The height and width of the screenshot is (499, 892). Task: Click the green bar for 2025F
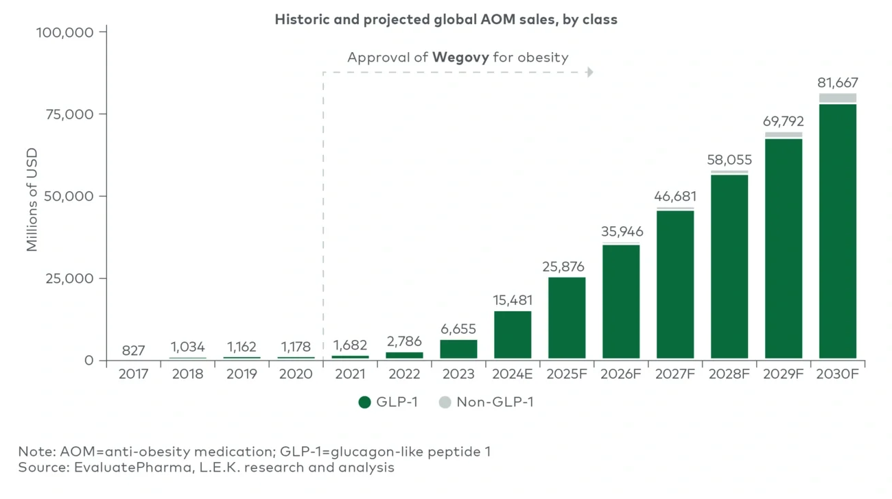(567, 318)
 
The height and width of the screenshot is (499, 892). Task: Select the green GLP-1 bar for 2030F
(837, 231)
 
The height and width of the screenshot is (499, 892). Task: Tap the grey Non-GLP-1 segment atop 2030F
(837, 98)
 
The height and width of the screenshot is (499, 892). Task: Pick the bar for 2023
(458, 349)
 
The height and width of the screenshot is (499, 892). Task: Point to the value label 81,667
(837, 82)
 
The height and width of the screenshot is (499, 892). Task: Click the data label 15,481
(513, 300)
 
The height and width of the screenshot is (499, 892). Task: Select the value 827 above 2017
(133, 350)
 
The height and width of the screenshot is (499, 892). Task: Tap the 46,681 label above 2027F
(675, 197)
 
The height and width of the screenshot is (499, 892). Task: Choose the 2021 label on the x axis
(350, 374)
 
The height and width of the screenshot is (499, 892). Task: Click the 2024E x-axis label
(513, 374)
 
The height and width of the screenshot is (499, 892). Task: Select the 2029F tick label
(783, 374)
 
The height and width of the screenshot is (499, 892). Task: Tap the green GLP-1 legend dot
(365, 402)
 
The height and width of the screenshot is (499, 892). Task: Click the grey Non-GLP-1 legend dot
(445, 402)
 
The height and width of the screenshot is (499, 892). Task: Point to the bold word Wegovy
(460, 57)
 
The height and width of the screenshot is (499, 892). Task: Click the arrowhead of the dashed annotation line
(590, 72)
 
